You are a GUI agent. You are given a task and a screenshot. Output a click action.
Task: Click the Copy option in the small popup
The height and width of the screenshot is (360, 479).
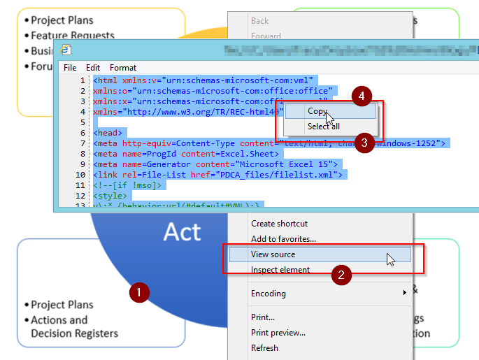tap(317, 111)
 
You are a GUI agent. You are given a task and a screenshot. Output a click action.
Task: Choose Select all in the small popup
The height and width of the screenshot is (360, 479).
tap(323, 127)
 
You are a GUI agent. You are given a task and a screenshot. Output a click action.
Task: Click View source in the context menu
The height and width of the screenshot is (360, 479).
tap(273, 254)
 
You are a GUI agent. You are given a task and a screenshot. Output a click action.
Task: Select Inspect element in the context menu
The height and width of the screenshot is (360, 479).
tap(280, 270)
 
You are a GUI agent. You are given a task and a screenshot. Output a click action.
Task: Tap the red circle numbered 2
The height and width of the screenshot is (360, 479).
tap(341, 275)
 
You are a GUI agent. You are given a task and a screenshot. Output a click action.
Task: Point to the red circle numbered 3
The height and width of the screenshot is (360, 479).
tap(363, 143)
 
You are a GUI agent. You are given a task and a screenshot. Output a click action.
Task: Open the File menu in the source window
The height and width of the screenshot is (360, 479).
tap(70, 68)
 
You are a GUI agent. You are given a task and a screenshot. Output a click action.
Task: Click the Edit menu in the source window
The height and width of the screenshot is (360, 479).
tap(93, 68)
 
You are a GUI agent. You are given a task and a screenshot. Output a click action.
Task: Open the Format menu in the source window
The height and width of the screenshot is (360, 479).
tap(123, 68)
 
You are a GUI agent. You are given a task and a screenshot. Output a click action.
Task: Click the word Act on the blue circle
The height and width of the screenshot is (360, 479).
tap(182, 231)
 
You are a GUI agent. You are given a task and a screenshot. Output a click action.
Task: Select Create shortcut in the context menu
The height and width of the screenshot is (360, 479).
tap(279, 224)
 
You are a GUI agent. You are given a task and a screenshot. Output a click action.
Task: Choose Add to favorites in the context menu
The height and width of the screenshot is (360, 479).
tap(283, 239)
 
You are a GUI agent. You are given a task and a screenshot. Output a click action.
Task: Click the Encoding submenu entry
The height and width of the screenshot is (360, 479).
tap(269, 294)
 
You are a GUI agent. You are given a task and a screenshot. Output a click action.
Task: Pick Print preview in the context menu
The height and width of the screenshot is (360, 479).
tap(278, 333)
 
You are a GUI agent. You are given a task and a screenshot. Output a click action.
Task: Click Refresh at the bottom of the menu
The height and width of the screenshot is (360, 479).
tap(264, 348)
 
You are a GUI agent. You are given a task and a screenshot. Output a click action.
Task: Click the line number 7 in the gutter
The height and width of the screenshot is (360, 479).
tap(83, 143)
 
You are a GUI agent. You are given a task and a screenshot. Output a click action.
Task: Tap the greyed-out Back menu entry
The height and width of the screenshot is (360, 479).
tap(259, 21)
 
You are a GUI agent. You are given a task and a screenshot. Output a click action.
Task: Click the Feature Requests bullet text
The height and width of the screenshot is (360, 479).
tap(72, 35)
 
